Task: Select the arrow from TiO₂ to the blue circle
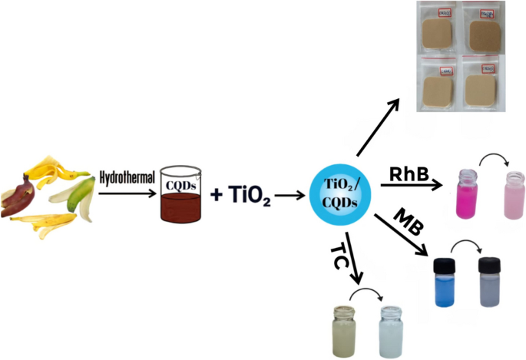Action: pyautogui.click(x=289, y=196)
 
